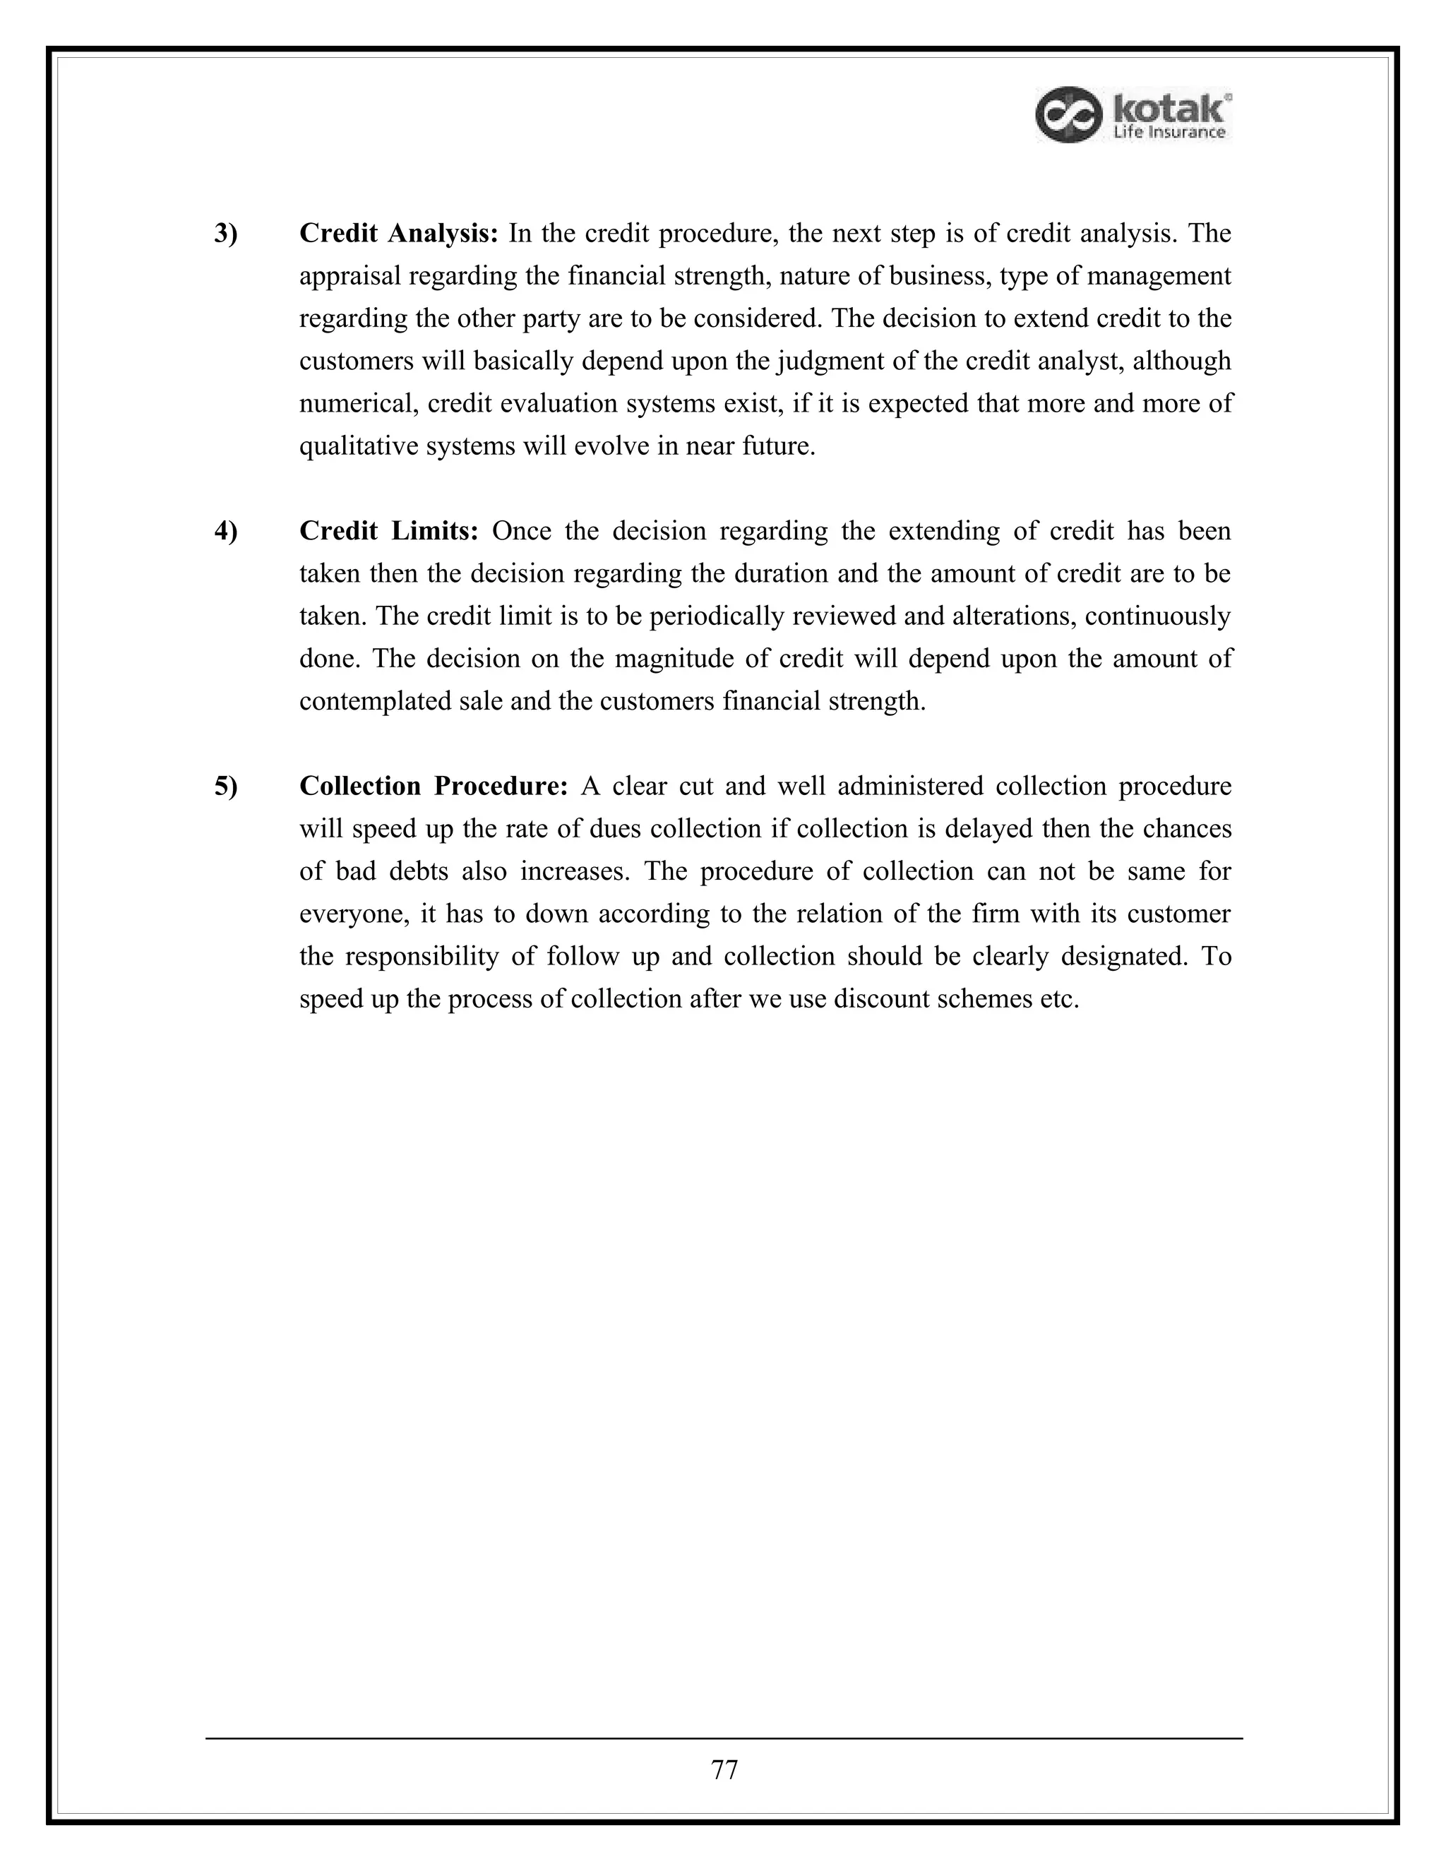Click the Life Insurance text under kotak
click(x=1169, y=132)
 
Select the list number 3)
click(x=226, y=234)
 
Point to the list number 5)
click(x=226, y=787)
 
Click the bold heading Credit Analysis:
click(x=398, y=234)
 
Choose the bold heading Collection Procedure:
click(x=434, y=787)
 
